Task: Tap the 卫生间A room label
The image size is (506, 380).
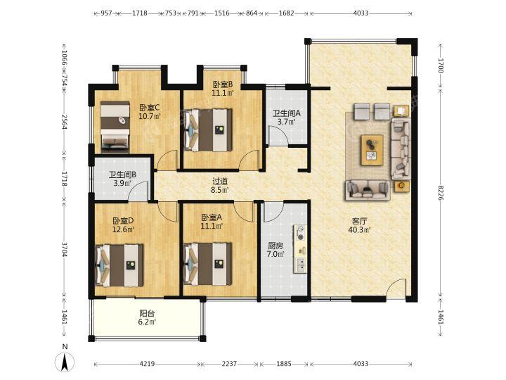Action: pyautogui.click(x=287, y=113)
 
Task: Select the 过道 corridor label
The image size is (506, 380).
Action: pyautogui.click(x=220, y=182)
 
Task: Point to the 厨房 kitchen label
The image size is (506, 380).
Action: pyautogui.click(x=275, y=246)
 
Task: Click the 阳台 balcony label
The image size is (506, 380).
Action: pyautogui.click(x=147, y=313)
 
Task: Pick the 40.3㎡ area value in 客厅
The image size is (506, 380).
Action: pyautogui.click(x=360, y=230)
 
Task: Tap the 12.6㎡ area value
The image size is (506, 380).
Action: pyautogui.click(x=123, y=229)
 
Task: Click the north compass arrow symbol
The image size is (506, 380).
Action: pyautogui.click(x=65, y=361)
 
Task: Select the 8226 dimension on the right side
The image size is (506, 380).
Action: pyautogui.click(x=441, y=192)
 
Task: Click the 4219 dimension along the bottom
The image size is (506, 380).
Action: pyautogui.click(x=147, y=364)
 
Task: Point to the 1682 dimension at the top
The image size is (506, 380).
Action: pyautogui.click(x=286, y=13)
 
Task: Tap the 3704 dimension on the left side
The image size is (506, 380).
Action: pyautogui.click(x=65, y=250)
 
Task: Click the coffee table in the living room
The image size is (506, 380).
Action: pyautogui.click(x=372, y=151)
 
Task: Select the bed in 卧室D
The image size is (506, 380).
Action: pyautogui.click(x=120, y=265)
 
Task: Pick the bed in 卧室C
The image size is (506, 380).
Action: pyautogui.click(x=115, y=127)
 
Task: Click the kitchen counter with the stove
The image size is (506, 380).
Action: pyautogui.click(x=300, y=249)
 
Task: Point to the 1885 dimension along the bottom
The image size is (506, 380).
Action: pyautogui.click(x=284, y=364)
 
